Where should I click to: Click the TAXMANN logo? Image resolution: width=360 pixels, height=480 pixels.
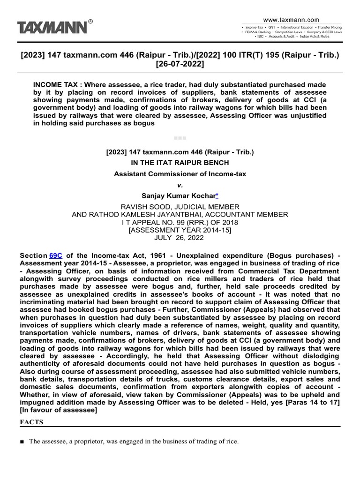[x=52, y=27]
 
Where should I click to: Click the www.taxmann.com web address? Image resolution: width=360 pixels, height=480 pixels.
[x=291, y=20]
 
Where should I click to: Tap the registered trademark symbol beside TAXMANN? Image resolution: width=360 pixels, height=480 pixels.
[x=90, y=21]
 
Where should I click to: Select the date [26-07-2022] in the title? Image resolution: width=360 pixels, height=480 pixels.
[x=180, y=64]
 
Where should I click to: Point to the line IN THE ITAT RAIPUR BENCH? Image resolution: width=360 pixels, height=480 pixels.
[x=180, y=163]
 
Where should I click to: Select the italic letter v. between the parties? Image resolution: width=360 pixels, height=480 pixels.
[x=180, y=185]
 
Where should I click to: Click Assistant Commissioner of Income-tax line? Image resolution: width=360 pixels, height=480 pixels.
[x=180, y=174]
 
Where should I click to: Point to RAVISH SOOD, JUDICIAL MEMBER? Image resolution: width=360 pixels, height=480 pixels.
[x=180, y=207]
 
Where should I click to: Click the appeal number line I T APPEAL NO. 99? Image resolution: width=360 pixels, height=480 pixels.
[x=180, y=222]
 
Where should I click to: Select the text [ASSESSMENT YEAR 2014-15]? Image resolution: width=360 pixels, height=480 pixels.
[x=180, y=230]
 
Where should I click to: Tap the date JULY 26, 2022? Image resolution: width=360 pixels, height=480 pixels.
[x=180, y=238]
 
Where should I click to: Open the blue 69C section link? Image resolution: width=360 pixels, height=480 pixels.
[x=55, y=255]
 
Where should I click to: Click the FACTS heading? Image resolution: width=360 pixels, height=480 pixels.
[x=31, y=422]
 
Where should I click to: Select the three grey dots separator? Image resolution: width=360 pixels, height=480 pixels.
[x=180, y=138]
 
